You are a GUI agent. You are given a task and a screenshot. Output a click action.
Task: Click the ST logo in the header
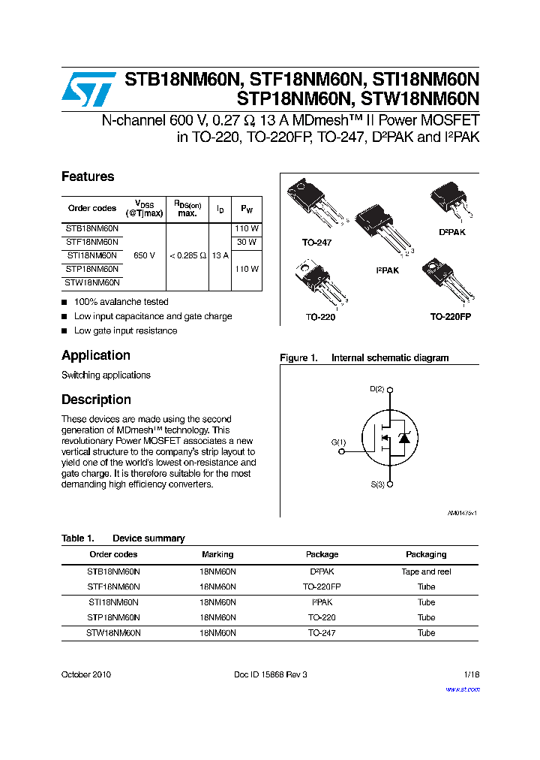(88, 90)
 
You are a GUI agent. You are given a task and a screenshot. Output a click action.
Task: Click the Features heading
(88, 177)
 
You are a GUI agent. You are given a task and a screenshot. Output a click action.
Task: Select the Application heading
(96, 356)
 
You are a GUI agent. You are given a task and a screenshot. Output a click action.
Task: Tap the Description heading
(96, 400)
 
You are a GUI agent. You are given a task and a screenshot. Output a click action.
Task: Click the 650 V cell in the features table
(144, 255)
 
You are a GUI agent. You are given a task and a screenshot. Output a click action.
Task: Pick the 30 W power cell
(247, 242)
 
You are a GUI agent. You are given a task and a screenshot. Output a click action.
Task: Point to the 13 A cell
(220, 255)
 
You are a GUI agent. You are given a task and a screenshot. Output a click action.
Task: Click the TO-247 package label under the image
(316, 243)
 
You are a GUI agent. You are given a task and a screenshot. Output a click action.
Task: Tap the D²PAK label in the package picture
(451, 232)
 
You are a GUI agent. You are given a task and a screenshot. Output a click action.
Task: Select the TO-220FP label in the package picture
(450, 317)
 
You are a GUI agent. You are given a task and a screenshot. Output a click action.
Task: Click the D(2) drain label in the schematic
(377, 389)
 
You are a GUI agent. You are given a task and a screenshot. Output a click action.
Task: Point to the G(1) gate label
(339, 442)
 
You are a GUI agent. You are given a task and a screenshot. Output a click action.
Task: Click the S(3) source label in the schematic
(377, 485)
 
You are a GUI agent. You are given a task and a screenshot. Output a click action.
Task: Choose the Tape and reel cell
(426, 572)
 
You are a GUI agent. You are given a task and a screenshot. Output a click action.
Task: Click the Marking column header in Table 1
(217, 554)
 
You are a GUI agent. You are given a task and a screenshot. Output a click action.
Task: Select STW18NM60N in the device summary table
(113, 633)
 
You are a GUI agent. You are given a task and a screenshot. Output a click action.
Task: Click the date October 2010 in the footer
(86, 674)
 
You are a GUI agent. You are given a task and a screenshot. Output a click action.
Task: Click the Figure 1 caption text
(364, 358)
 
